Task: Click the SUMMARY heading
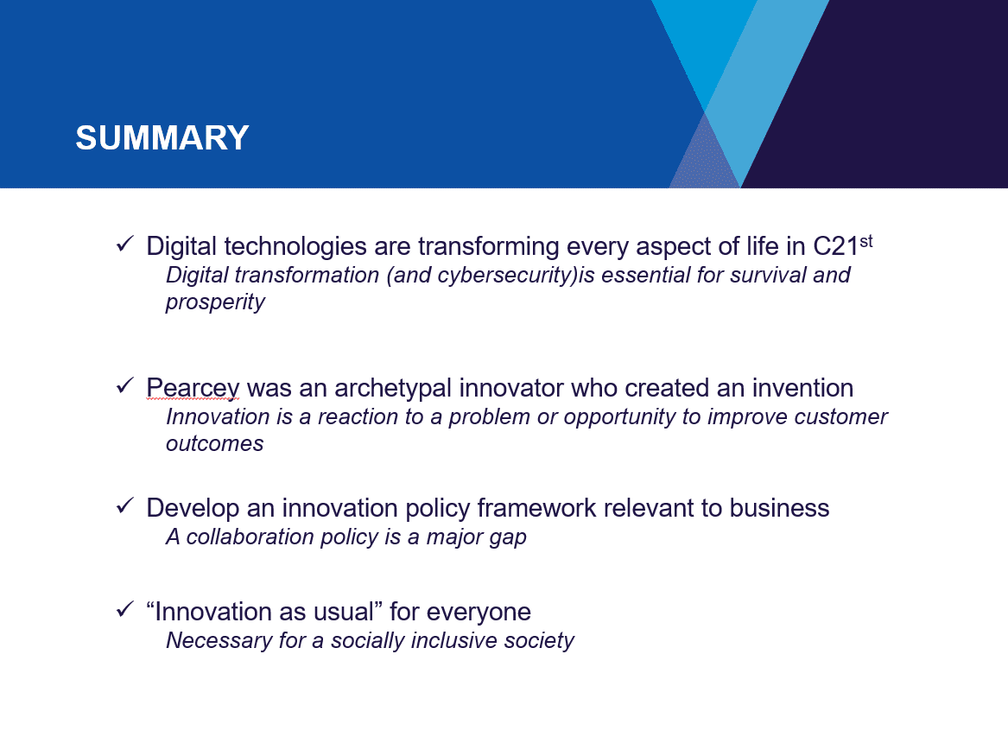point(162,137)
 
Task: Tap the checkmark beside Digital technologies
point(124,245)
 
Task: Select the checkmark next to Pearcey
point(124,385)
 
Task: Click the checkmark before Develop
point(124,506)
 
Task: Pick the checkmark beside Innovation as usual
point(124,609)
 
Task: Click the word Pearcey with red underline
point(193,389)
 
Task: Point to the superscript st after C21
point(866,241)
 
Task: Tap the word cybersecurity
point(505,275)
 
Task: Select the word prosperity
point(215,302)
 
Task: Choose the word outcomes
point(215,443)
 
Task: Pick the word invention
point(802,388)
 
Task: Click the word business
point(779,508)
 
